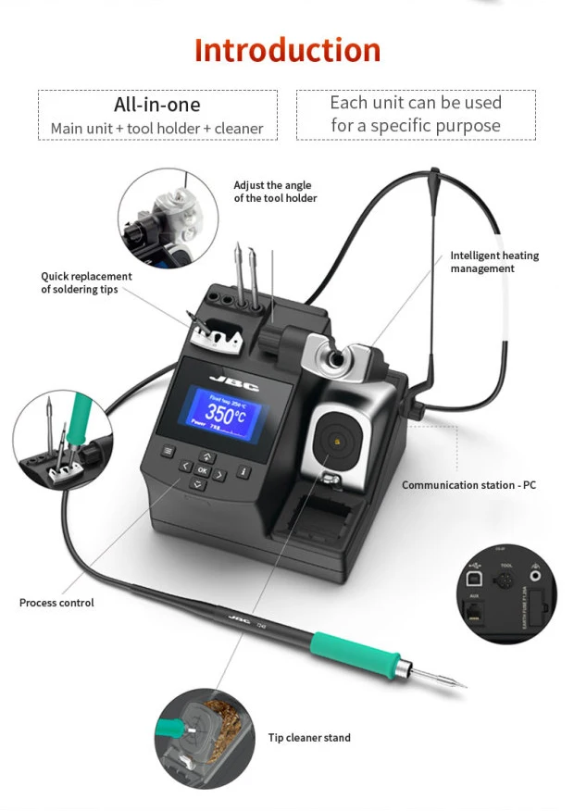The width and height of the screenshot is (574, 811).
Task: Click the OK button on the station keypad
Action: coord(203,470)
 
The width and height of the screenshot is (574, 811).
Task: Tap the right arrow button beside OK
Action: coord(220,475)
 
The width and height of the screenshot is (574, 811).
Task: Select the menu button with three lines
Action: coord(168,452)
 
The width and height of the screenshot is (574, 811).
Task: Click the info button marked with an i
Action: coord(243,471)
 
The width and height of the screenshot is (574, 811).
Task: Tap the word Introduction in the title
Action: coord(287,50)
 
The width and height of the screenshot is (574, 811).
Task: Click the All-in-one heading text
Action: coord(156,105)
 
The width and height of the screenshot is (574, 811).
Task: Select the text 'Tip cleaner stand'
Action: coord(309,738)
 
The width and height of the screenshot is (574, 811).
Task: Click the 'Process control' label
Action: coord(56,603)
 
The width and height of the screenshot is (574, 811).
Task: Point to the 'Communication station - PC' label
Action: coord(468,485)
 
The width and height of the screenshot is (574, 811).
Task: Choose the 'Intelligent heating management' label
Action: coord(494,262)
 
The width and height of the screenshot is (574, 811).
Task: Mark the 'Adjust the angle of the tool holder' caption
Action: coord(275,192)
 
